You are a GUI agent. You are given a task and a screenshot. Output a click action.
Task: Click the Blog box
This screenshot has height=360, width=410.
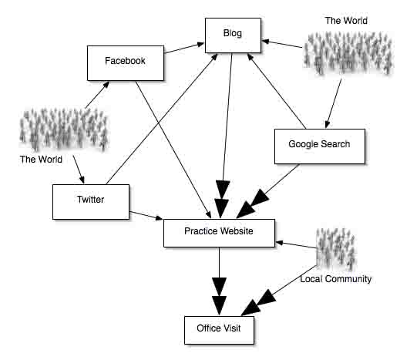pos(233,35)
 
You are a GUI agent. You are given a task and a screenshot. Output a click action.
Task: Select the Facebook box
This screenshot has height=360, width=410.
pos(126,63)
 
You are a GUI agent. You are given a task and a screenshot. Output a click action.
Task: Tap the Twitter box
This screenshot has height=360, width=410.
pos(91,202)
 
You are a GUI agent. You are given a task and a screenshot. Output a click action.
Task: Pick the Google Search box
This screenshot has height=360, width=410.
pos(320,146)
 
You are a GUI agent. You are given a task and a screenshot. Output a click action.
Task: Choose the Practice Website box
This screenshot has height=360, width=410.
pos(219,233)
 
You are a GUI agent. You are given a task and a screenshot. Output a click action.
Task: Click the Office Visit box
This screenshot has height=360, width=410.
pos(219,330)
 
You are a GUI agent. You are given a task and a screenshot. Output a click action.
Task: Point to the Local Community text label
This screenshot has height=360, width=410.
pos(336,279)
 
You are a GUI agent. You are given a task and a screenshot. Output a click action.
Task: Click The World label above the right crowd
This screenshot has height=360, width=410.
pos(346,21)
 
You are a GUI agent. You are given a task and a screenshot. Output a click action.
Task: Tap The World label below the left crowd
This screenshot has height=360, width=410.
pos(41,160)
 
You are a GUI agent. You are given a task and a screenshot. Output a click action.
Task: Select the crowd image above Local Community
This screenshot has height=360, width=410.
pos(336,249)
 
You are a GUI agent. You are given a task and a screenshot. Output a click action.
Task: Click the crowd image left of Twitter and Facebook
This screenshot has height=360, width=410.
pos(64,130)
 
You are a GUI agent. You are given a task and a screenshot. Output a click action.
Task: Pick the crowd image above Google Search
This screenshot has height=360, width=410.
pos(348,53)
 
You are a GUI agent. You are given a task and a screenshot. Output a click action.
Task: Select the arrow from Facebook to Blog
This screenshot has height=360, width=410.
pos(184,49)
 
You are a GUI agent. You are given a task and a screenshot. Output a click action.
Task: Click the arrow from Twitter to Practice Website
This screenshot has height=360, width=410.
pos(146,216)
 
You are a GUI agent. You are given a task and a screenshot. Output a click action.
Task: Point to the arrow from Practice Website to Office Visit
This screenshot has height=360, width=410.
pos(219,281)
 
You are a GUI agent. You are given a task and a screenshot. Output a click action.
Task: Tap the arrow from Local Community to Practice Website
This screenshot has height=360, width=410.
pos(296,245)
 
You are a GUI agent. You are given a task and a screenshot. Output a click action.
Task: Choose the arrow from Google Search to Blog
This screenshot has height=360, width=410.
pos(277,91)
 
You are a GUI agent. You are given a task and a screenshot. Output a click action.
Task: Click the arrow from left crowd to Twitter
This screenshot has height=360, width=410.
pos(79,170)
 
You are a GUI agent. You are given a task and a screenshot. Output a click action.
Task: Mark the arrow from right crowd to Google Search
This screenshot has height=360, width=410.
pos(334,103)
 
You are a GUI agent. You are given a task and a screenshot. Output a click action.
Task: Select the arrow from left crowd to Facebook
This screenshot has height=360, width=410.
pos(98,95)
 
